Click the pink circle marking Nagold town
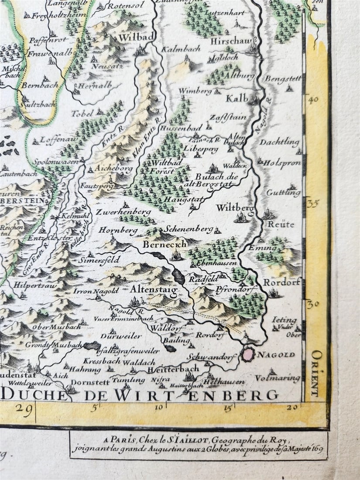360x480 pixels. [x=248, y=354]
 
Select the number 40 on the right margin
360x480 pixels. [x=312, y=99]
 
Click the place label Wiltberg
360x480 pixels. [x=234, y=208]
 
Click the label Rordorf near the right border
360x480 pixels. [x=281, y=282]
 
